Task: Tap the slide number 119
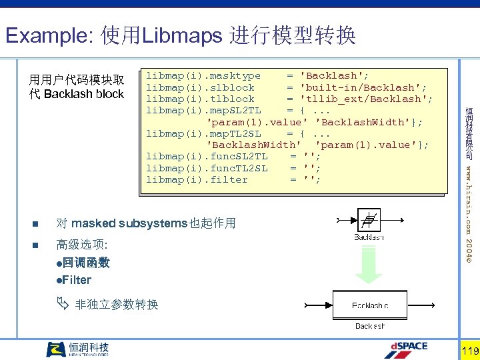click(x=469, y=351)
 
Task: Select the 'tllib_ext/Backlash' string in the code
click(x=366, y=99)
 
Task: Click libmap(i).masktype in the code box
click(x=203, y=75)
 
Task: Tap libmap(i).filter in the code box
click(x=197, y=179)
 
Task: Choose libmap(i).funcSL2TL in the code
click(x=207, y=156)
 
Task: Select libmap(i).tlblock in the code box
click(x=200, y=99)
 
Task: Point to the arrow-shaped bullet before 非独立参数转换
click(x=62, y=305)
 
